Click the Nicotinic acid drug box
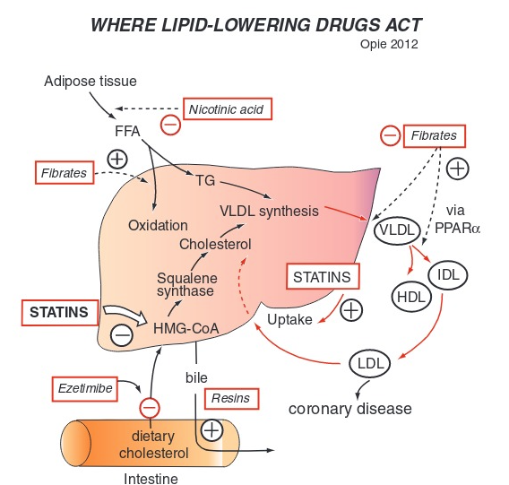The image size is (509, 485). pyautogui.click(x=227, y=109)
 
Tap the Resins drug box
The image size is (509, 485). pyautogui.click(x=230, y=397)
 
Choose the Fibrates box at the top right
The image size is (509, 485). pyautogui.click(x=434, y=136)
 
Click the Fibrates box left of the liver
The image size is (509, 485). pyautogui.click(x=65, y=171)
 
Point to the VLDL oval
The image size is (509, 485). pyautogui.click(x=397, y=230)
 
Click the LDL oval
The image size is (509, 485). pyautogui.click(x=370, y=364)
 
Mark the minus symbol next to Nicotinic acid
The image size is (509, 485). pyautogui.click(x=168, y=124)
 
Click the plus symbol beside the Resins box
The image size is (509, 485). pyautogui.click(x=211, y=429)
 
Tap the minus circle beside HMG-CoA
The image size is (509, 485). pyautogui.click(x=122, y=336)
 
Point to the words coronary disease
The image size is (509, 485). pyautogui.click(x=349, y=409)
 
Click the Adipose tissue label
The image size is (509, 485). pyautogui.click(x=91, y=82)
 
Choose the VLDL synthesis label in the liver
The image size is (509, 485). pyautogui.click(x=269, y=212)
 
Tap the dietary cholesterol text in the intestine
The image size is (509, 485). pyautogui.click(x=153, y=445)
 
